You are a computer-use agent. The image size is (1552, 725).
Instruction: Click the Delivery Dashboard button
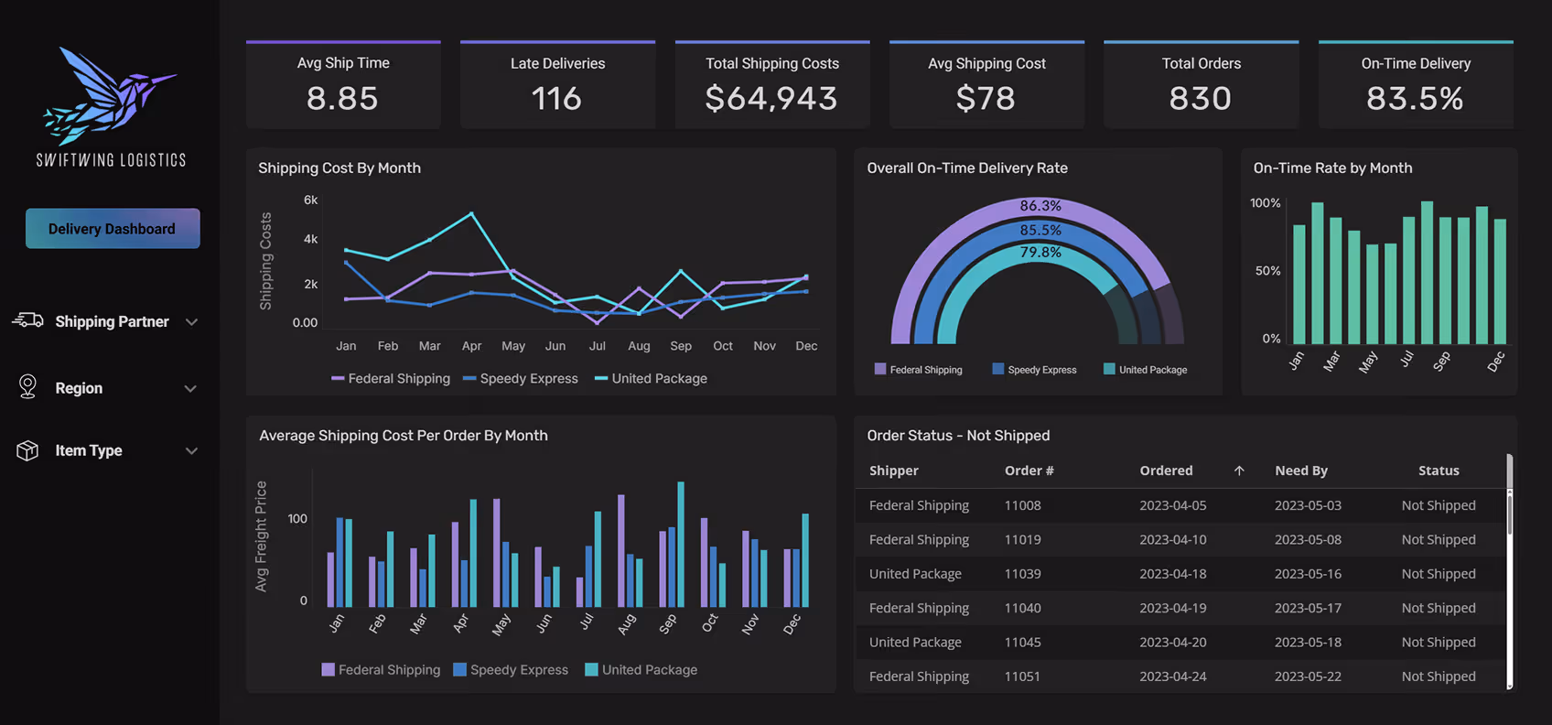[112, 229]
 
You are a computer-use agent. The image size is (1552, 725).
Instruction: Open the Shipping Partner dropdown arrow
[191, 322]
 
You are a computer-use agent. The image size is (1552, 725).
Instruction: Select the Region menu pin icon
[27, 387]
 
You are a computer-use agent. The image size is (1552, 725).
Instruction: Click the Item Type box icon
[27, 450]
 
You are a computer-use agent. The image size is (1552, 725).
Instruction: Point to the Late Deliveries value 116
[556, 99]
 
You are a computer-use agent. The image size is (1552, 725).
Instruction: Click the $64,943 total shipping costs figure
[771, 99]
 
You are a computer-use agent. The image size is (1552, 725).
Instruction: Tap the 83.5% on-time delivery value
[1415, 99]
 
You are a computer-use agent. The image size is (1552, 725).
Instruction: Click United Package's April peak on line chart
[471, 214]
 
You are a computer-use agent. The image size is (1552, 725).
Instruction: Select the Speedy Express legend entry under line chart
[521, 378]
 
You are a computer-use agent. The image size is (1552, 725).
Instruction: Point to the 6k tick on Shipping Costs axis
[310, 200]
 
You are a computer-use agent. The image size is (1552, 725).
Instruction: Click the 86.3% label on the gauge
[1040, 206]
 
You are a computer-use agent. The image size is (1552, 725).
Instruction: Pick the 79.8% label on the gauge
[1040, 253]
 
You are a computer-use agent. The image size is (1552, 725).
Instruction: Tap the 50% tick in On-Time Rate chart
[1267, 271]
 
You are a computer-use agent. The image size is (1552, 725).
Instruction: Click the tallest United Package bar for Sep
[681, 544]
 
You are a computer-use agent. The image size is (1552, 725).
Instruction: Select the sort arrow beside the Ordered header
[1239, 471]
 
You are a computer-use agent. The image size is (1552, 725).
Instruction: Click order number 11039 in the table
[1022, 574]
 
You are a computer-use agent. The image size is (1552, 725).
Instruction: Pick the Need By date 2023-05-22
[1308, 676]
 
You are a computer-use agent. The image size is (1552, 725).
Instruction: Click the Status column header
[1439, 471]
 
